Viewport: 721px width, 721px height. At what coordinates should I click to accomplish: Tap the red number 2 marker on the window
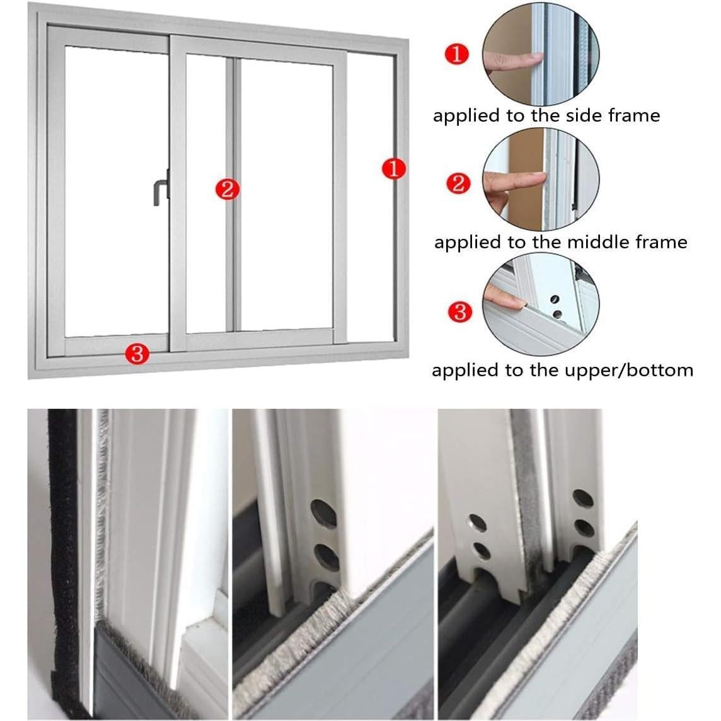pos(227,188)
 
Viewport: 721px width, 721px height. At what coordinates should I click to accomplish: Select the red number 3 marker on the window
pos(137,354)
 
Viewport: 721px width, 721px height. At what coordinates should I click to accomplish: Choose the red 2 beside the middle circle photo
pos(458,183)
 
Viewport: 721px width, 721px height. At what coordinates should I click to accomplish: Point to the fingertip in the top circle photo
pos(536,58)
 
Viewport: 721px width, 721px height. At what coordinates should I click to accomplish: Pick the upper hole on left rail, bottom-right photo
pos(476,522)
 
